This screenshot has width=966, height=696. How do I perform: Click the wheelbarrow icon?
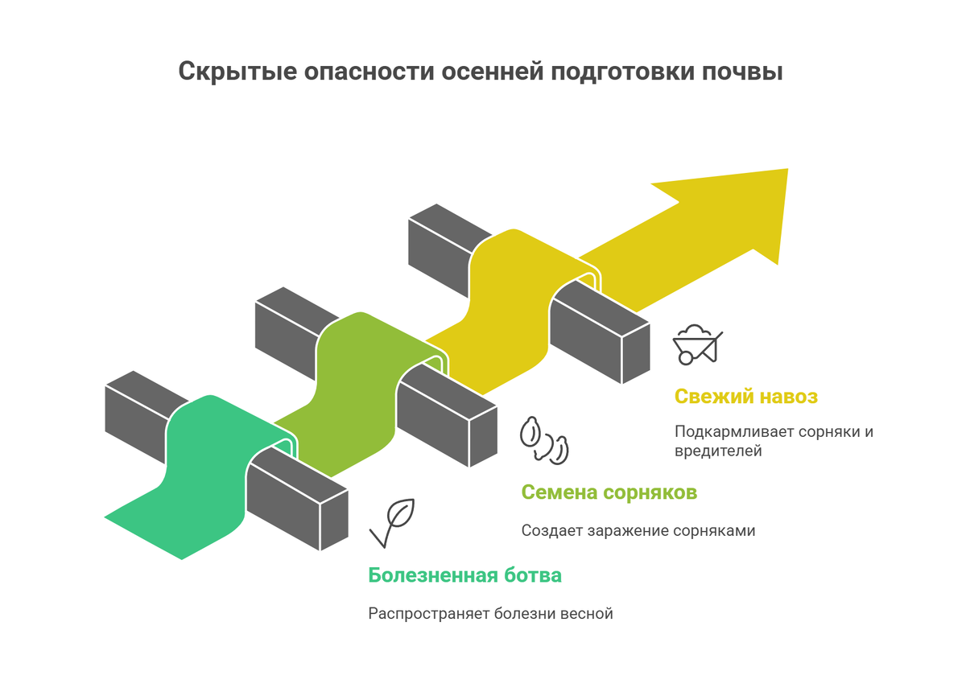(697, 344)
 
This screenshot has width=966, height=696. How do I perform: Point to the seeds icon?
(544, 439)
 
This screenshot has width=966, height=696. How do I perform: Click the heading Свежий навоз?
(746, 397)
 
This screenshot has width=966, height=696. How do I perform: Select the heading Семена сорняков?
(609, 492)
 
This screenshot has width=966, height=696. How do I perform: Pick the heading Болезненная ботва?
(465, 575)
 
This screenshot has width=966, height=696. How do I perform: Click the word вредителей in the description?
(718, 451)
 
